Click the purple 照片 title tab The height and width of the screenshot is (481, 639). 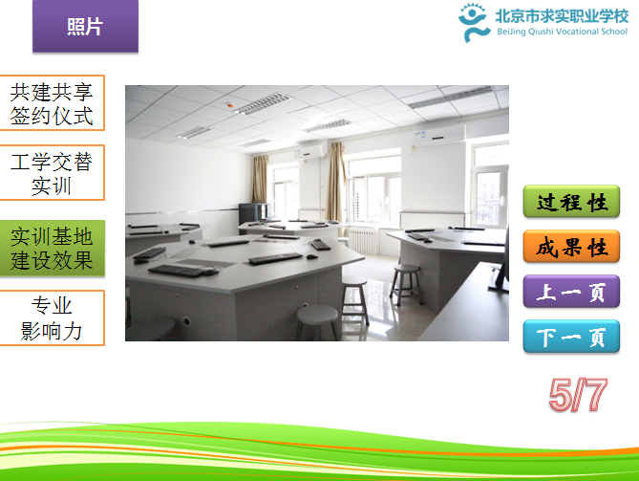(x=85, y=27)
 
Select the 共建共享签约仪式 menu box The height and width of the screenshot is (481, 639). (x=52, y=103)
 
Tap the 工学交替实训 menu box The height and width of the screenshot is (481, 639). (x=52, y=172)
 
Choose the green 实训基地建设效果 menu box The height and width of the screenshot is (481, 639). (x=52, y=248)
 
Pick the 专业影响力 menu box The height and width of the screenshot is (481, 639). (x=52, y=317)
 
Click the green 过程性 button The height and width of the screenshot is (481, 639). (x=571, y=201)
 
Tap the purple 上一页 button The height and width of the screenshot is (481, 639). (x=571, y=292)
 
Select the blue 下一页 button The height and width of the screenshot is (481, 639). (x=571, y=337)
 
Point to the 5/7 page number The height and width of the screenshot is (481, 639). (x=578, y=395)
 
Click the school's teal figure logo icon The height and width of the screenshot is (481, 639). (x=473, y=22)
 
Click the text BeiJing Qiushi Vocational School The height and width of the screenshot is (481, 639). (x=562, y=32)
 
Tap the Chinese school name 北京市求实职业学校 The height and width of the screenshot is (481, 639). (x=562, y=16)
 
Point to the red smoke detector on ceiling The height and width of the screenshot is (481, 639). (x=230, y=105)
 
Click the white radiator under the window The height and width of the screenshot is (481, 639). (x=364, y=241)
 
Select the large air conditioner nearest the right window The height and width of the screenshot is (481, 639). (x=439, y=135)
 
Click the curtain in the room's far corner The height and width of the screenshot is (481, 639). (x=260, y=180)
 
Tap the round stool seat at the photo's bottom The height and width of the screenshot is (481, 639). (x=318, y=315)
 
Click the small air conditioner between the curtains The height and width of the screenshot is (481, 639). (x=309, y=151)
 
